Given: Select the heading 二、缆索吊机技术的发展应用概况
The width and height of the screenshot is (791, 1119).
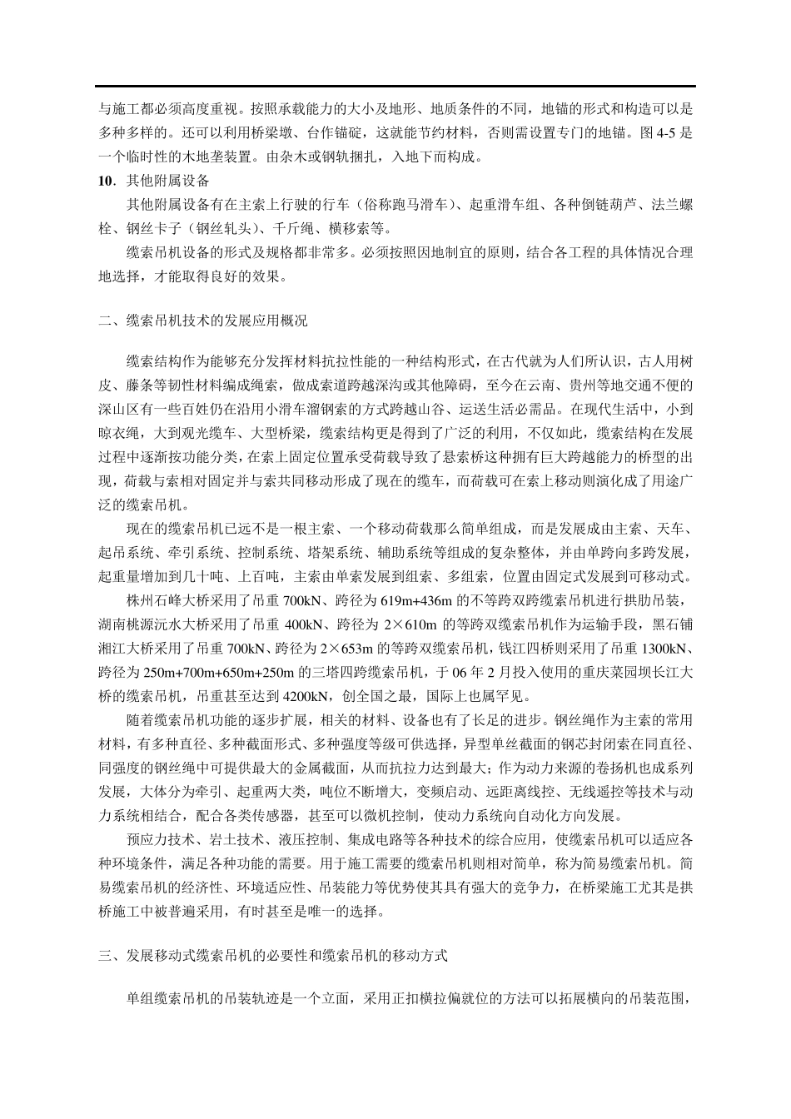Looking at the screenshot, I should click(x=202, y=320).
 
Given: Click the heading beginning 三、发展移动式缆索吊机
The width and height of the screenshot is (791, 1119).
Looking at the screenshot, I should click(x=272, y=956).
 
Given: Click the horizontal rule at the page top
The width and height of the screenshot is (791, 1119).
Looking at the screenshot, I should click(x=395, y=86).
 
